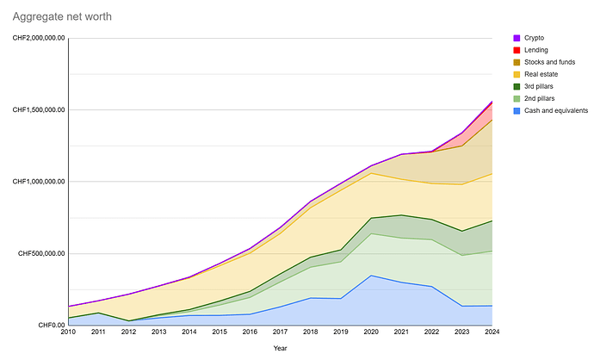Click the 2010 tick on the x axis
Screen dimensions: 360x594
coord(69,332)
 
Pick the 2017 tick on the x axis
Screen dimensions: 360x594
coord(281,332)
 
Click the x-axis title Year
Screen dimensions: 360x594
coord(280,347)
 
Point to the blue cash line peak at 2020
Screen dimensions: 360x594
coord(371,276)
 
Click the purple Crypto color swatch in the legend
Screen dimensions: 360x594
coord(517,38)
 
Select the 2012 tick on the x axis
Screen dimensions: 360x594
coord(129,332)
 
